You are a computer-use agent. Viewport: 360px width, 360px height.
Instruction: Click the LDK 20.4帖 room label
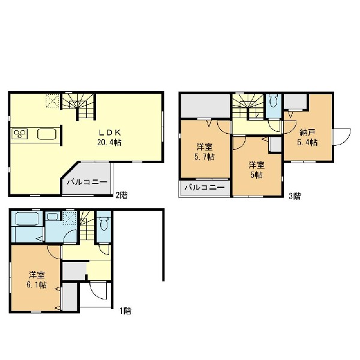click(110, 138)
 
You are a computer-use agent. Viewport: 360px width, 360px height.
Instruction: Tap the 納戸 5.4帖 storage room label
click(307, 137)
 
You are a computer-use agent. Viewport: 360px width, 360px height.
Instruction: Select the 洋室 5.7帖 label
click(205, 152)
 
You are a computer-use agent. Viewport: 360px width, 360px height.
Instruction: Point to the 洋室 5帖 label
click(256, 170)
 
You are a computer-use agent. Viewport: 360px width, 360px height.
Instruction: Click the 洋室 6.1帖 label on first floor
click(37, 280)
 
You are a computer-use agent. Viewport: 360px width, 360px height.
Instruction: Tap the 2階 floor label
click(121, 196)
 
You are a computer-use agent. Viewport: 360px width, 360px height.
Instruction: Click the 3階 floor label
click(295, 196)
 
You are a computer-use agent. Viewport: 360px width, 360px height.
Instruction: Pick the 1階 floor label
click(125, 311)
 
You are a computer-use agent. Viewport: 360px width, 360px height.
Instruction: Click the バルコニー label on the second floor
click(87, 182)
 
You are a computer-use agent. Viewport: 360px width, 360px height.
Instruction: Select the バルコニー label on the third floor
click(205, 188)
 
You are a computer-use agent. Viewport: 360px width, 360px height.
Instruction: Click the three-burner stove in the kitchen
click(20, 134)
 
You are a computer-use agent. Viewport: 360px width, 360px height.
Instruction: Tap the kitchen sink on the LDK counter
click(47, 134)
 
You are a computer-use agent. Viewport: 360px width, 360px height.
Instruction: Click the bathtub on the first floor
click(28, 219)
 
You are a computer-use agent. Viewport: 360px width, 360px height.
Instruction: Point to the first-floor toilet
click(104, 221)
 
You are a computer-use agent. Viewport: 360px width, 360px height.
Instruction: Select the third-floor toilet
click(274, 100)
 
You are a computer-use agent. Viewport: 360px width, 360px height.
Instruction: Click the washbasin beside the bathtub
click(53, 216)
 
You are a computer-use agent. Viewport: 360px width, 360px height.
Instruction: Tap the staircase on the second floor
click(79, 106)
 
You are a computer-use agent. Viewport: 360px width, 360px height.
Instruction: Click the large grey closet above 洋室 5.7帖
click(205, 106)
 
